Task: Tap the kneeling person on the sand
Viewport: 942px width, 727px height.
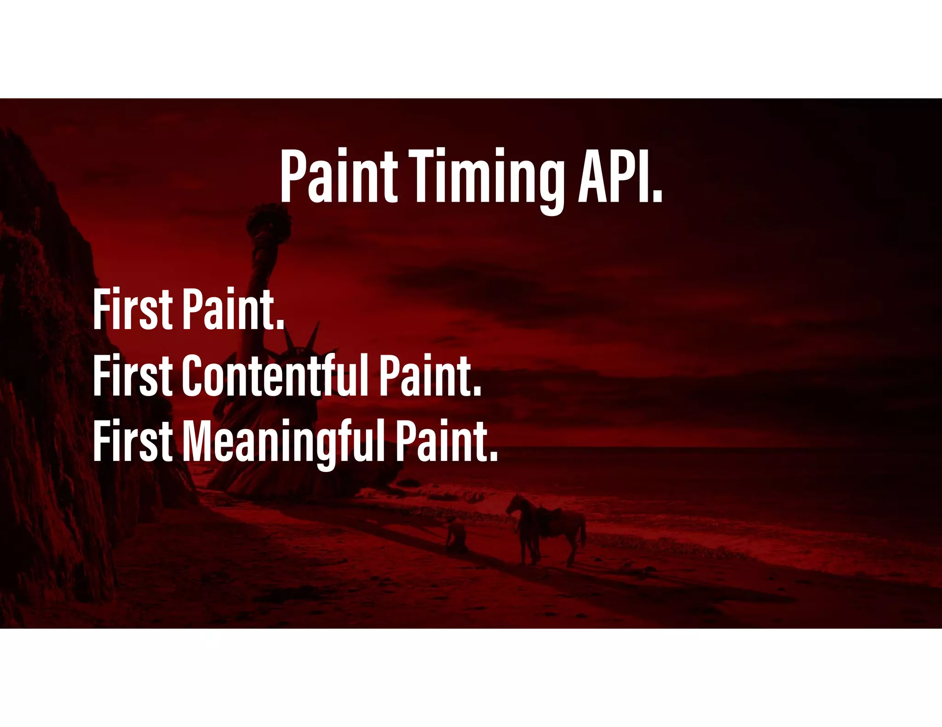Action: (456, 535)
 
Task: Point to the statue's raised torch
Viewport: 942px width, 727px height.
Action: (269, 225)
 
